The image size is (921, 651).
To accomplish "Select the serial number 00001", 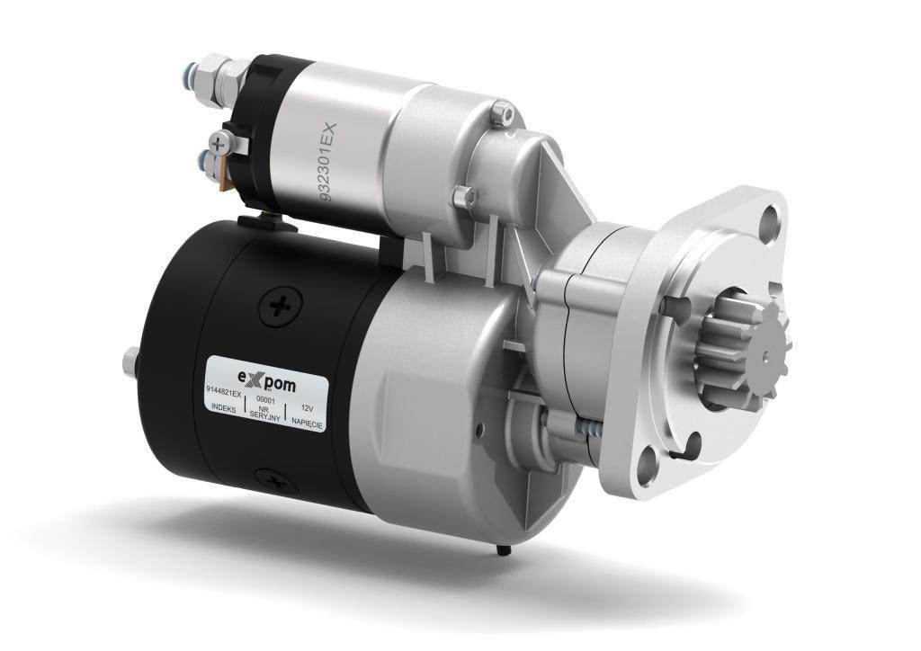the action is click(x=266, y=400).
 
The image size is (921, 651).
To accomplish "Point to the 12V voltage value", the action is click(x=308, y=407).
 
